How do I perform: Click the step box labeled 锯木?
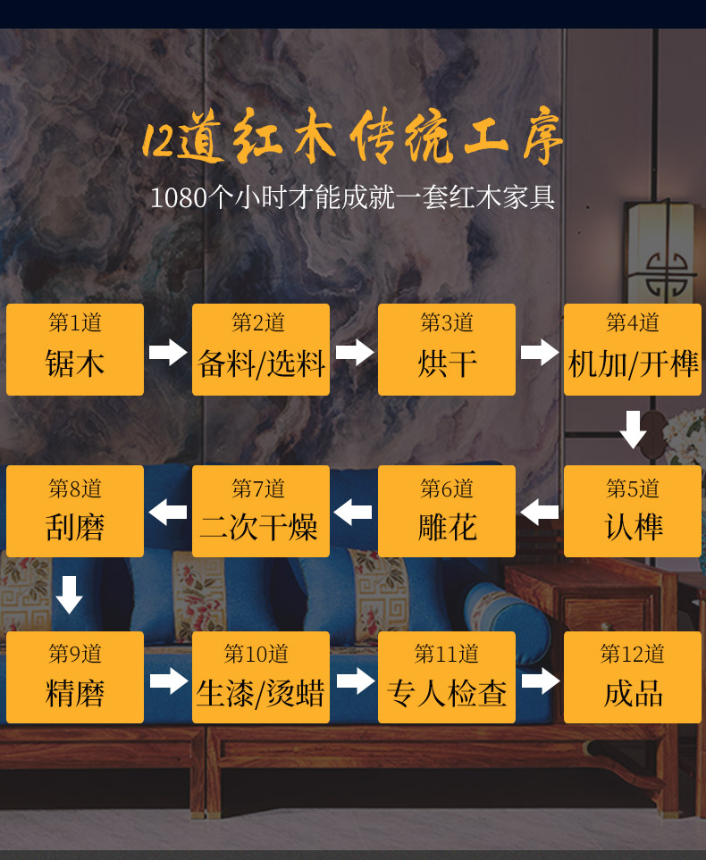click(75, 349)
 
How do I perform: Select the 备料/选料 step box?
click(261, 349)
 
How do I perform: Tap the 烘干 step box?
click(447, 349)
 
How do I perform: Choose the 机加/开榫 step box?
click(633, 349)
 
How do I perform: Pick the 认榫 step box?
click(633, 511)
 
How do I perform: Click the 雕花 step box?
click(447, 511)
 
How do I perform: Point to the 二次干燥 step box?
click(261, 511)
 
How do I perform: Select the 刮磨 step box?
click(75, 511)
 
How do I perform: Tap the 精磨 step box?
click(75, 677)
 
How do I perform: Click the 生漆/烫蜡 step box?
click(261, 677)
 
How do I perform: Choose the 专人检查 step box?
click(447, 677)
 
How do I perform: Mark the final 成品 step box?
click(633, 677)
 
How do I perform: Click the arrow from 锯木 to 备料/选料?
click(168, 352)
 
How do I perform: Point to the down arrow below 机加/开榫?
click(633, 430)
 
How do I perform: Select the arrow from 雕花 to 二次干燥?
click(353, 513)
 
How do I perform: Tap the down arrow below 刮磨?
click(70, 594)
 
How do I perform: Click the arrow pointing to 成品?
click(540, 681)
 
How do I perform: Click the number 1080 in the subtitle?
click(179, 197)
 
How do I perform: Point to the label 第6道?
click(447, 488)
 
